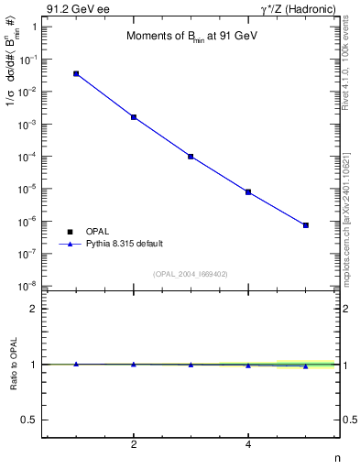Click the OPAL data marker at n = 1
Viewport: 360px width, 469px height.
76,73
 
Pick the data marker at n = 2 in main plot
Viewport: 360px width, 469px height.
134,117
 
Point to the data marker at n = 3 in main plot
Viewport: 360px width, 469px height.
191,157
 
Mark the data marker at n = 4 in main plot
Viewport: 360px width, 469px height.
248,192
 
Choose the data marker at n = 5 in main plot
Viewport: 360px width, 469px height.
306,225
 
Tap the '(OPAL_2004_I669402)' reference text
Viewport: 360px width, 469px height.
191,273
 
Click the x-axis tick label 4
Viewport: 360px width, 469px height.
248,445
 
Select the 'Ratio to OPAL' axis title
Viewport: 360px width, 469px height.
15,365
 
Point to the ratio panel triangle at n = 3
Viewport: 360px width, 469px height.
191,365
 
